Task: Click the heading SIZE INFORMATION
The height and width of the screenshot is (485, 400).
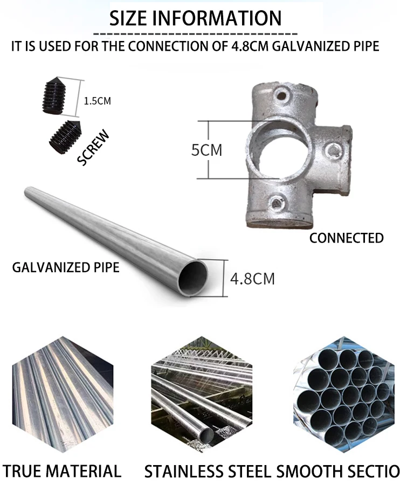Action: [x=196, y=18]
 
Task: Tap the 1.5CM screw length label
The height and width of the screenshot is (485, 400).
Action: [x=98, y=101]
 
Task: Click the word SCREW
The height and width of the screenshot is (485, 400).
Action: [x=94, y=147]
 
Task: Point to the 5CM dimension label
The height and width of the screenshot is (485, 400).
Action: [x=207, y=149]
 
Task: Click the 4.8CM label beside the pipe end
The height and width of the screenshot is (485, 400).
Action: [x=252, y=279]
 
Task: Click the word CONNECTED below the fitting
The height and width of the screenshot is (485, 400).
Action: [x=346, y=238]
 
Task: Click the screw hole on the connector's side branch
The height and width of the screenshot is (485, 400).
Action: [x=334, y=150]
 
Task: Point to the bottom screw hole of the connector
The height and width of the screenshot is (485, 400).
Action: [x=277, y=203]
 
